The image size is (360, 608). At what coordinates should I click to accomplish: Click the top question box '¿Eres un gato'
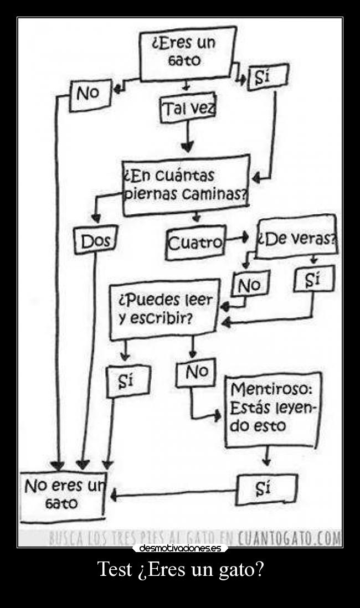click(x=187, y=53)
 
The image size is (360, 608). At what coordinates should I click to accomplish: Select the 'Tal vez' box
click(x=187, y=109)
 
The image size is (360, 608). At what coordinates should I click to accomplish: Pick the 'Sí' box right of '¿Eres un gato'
click(x=268, y=78)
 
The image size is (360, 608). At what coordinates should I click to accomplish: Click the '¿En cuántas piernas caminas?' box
click(x=185, y=185)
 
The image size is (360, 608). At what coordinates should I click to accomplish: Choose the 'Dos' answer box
click(x=95, y=241)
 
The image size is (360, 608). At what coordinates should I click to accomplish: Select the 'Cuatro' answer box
click(x=195, y=242)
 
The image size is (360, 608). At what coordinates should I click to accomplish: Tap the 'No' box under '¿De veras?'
click(x=250, y=285)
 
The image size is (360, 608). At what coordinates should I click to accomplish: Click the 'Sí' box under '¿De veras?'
click(x=313, y=280)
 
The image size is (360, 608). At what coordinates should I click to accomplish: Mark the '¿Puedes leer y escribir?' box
click(x=164, y=310)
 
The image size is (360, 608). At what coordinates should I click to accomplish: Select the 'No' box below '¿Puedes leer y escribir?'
click(x=196, y=373)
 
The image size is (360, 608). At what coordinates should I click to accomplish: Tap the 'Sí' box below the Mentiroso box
click(x=266, y=489)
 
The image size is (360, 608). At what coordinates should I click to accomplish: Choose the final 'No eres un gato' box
click(x=62, y=496)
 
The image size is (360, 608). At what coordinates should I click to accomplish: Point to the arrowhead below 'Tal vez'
click(x=188, y=146)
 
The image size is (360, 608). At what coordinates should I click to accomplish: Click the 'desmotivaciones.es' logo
click(x=180, y=548)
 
